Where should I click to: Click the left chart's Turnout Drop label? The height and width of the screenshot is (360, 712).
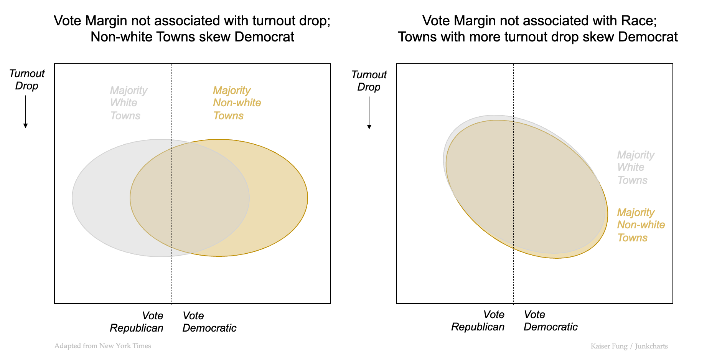click(27, 79)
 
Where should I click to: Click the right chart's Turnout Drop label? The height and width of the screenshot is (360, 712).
click(369, 81)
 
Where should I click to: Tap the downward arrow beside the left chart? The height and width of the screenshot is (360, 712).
click(25, 112)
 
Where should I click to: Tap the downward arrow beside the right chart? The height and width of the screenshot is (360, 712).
click(369, 113)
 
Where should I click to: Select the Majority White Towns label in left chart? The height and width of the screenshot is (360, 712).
click(128, 103)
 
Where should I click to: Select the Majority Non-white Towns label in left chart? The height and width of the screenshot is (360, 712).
click(237, 103)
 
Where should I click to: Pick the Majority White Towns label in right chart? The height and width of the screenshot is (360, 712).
click(635, 167)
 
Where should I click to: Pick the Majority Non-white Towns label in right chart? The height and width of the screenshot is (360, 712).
click(641, 225)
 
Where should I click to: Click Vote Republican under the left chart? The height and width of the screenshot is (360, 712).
click(137, 322)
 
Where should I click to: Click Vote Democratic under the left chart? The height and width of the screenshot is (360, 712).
click(209, 322)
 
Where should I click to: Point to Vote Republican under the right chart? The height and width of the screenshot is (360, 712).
click(478, 320)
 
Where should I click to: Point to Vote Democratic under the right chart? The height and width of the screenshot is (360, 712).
click(550, 320)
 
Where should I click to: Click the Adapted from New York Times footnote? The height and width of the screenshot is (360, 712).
click(102, 346)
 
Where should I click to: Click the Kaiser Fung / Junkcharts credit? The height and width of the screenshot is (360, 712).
click(629, 346)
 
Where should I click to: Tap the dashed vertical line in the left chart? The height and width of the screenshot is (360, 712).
click(171, 276)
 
